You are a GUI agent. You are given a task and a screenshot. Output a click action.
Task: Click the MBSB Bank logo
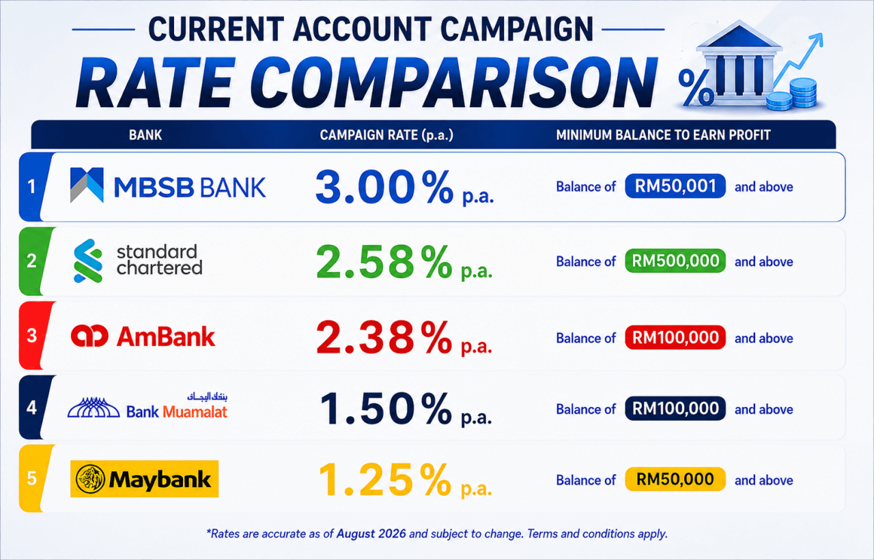point(168,186)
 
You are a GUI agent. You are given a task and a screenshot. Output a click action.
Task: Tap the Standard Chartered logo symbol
point(88,261)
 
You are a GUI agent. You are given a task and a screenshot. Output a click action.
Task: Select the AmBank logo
point(143,336)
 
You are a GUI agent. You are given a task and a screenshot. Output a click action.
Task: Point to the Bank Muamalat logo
point(147,406)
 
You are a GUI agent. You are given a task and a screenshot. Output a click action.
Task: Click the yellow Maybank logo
point(144,479)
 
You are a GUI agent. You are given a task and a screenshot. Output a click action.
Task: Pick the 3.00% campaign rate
point(405,188)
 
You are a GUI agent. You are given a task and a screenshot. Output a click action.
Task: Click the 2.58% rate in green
point(404,261)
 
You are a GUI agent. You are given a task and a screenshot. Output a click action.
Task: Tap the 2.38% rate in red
point(404,338)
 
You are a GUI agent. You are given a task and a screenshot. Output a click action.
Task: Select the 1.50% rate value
point(406,409)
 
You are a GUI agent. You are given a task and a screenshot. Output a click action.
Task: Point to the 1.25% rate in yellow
point(406,480)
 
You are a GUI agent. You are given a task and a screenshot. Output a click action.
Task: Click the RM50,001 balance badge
point(675,186)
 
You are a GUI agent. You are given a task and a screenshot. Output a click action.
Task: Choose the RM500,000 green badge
point(675,261)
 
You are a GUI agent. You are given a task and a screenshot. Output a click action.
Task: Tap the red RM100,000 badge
point(675,338)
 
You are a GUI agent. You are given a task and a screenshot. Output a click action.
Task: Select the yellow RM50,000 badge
point(675,479)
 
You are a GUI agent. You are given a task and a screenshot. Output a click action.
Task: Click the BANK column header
point(145,135)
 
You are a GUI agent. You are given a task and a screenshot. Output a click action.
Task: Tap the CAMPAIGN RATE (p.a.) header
point(386,135)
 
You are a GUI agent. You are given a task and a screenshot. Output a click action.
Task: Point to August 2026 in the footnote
point(371,533)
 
